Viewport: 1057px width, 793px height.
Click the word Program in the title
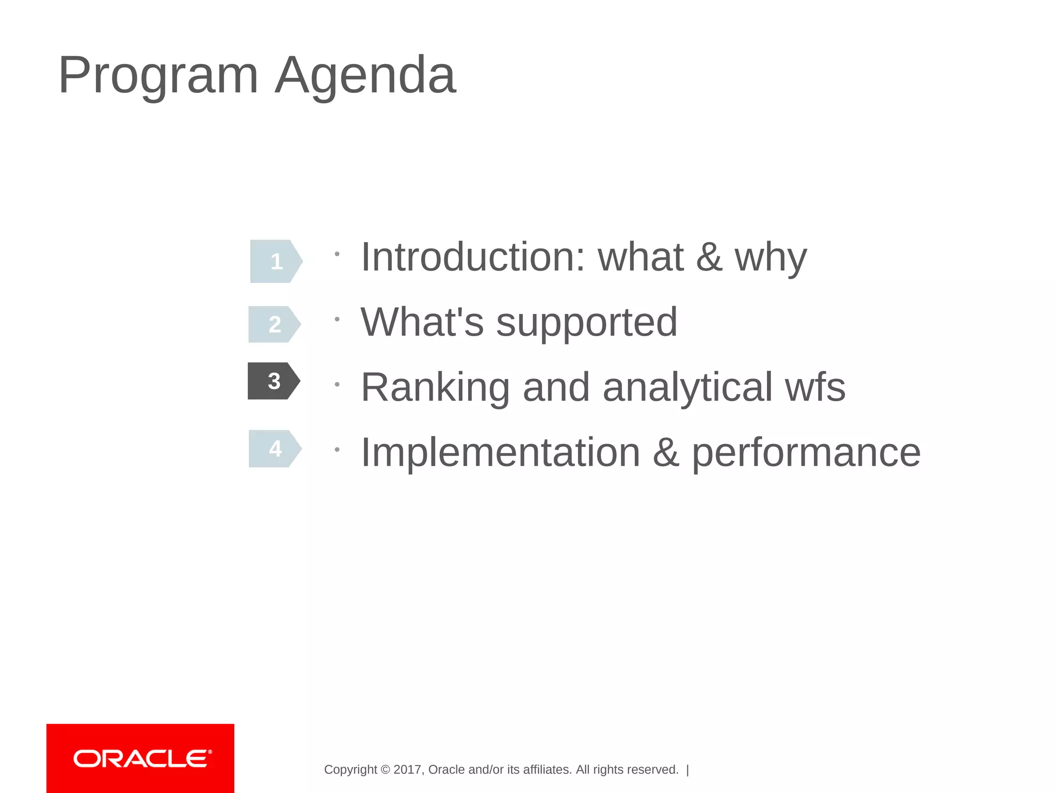[158, 76]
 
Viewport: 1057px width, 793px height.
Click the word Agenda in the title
[365, 76]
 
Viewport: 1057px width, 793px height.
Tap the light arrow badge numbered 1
[276, 261]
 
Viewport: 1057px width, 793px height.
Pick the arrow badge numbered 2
[274, 324]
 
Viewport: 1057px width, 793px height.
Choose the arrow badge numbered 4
[275, 449]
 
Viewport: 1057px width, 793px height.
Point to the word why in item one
[770, 258]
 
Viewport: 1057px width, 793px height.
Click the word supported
[586, 323]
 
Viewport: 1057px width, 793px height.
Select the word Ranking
[435, 388]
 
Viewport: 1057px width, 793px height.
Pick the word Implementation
[500, 452]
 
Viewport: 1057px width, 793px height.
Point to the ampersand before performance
[665, 453]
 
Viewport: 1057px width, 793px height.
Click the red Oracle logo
[140, 758]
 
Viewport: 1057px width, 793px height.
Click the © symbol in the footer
[385, 770]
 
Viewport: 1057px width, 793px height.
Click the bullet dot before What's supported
[337, 320]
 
